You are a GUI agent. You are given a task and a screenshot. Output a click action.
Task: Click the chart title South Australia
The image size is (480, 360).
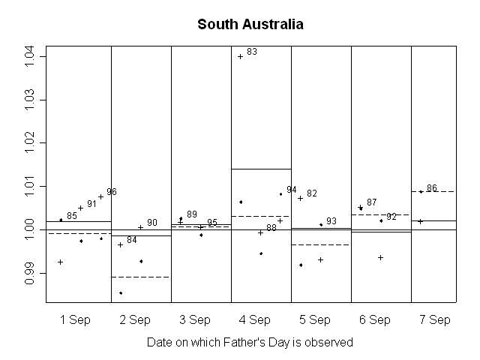pyautogui.click(x=250, y=25)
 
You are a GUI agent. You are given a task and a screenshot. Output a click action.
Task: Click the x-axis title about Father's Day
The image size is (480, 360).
pyautogui.click(x=250, y=342)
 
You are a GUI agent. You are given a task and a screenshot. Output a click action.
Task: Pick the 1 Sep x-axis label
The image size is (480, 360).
pyautogui.click(x=75, y=320)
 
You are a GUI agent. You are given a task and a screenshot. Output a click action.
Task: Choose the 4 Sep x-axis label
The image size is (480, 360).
pyautogui.click(x=255, y=320)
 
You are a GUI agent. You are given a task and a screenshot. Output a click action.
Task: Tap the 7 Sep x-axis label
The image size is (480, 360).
pyautogui.click(x=435, y=320)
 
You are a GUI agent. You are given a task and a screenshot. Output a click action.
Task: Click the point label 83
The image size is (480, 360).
pyautogui.click(x=252, y=52)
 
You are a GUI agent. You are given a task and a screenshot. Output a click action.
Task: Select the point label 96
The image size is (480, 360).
pyautogui.click(x=112, y=192)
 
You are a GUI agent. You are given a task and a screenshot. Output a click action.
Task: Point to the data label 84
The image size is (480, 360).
pyautogui.click(x=132, y=240)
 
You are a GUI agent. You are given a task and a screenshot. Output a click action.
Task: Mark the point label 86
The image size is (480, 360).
pyautogui.click(x=432, y=188)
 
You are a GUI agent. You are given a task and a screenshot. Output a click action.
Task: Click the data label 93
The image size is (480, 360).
pyautogui.click(x=331, y=221)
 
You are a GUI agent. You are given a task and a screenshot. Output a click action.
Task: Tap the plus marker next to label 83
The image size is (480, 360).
pyautogui.click(x=240, y=56)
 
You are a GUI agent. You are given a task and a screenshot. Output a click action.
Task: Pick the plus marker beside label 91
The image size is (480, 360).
pyautogui.click(x=80, y=208)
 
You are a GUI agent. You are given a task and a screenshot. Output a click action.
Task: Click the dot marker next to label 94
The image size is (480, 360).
pyautogui.click(x=280, y=194)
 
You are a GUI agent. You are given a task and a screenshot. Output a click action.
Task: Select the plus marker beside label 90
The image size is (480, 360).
pyautogui.click(x=140, y=227)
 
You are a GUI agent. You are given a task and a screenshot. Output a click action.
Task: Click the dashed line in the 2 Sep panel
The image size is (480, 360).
pyautogui.click(x=141, y=277)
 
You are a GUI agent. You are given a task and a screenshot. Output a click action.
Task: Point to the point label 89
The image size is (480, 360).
pyautogui.click(x=192, y=214)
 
